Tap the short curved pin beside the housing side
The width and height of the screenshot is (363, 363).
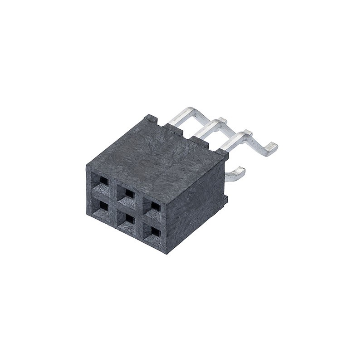(237, 172)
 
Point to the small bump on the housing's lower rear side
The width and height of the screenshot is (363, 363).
(225, 198)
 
